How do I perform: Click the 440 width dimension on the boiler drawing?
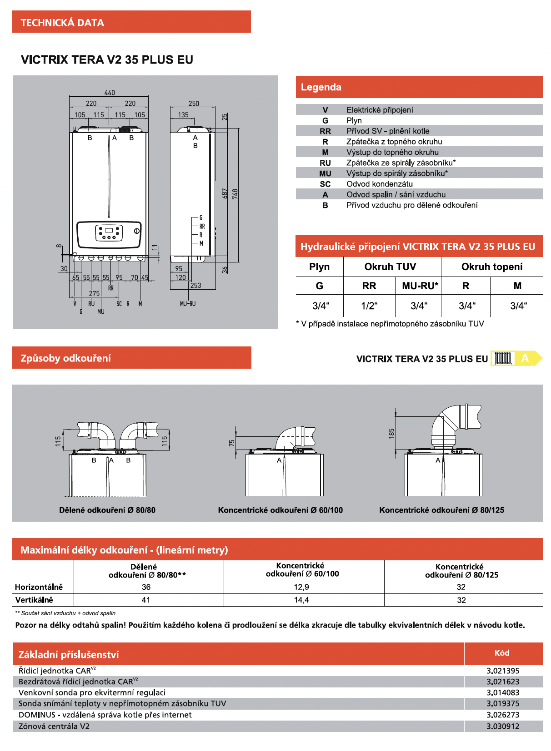click(110, 93)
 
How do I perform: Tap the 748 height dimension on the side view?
click(235, 194)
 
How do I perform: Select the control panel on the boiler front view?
click(109, 234)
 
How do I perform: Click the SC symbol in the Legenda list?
click(325, 184)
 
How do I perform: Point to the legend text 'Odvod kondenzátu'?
click(380, 184)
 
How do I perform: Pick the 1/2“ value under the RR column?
click(369, 306)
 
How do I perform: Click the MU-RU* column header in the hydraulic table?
click(420, 286)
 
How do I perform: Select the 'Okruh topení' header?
click(492, 267)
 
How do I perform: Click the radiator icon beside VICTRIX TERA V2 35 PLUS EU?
click(503, 358)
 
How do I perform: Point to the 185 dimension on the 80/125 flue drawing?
click(391, 433)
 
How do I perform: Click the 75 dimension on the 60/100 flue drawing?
click(232, 443)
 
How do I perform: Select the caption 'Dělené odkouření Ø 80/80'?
click(107, 510)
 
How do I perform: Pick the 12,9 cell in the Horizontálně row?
click(301, 587)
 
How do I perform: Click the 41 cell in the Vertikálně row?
click(146, 600)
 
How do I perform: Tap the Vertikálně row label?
click(34, 600)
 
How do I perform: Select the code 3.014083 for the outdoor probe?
click(503, 693)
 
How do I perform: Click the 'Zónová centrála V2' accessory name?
click(54, 726)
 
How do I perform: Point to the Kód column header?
click(502, 653)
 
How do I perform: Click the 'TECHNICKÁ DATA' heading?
click(62, 23)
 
